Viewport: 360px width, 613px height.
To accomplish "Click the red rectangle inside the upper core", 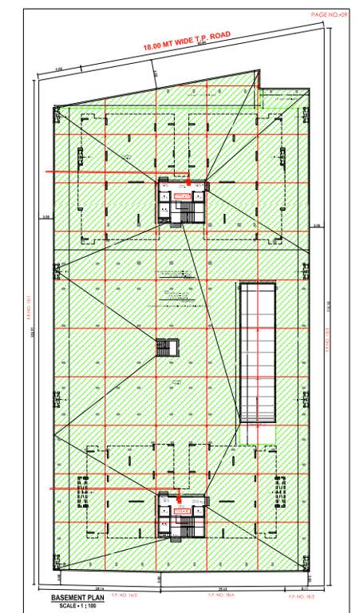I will [183, 196].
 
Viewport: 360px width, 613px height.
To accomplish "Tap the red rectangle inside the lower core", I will [182, 509].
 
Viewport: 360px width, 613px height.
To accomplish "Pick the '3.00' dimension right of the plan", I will [316, 226].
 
